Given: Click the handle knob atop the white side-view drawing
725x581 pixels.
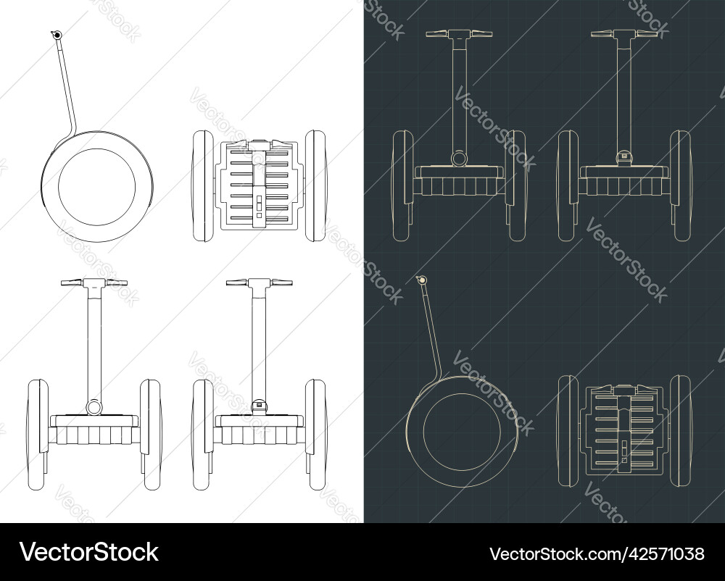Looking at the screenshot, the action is tap(57, 35).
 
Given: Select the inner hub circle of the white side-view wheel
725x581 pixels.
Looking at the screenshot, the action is tap(96, 187).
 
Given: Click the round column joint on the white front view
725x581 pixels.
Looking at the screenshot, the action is tap(94, 407).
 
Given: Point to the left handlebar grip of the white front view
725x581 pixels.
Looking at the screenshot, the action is tap(71, 283).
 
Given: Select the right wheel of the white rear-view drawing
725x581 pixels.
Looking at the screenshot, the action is tap(316, 435).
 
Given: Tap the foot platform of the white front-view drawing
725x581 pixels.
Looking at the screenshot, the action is tap(94, 421).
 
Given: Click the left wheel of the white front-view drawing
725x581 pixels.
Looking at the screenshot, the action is tap(38, 435).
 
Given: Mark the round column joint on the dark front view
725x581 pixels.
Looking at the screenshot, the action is tap(459, 159).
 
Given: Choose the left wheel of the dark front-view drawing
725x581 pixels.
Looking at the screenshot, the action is tap(402, 185).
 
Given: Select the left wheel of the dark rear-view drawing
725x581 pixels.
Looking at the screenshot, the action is tap(568, 185).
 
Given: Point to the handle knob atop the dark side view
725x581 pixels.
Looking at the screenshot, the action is tap(421, 280).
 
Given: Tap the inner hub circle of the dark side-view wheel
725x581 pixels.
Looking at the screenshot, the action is tap(461, 432).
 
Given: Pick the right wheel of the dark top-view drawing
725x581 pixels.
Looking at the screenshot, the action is tap(681, 431).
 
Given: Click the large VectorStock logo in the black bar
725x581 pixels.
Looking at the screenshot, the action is tap(88, 552).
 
